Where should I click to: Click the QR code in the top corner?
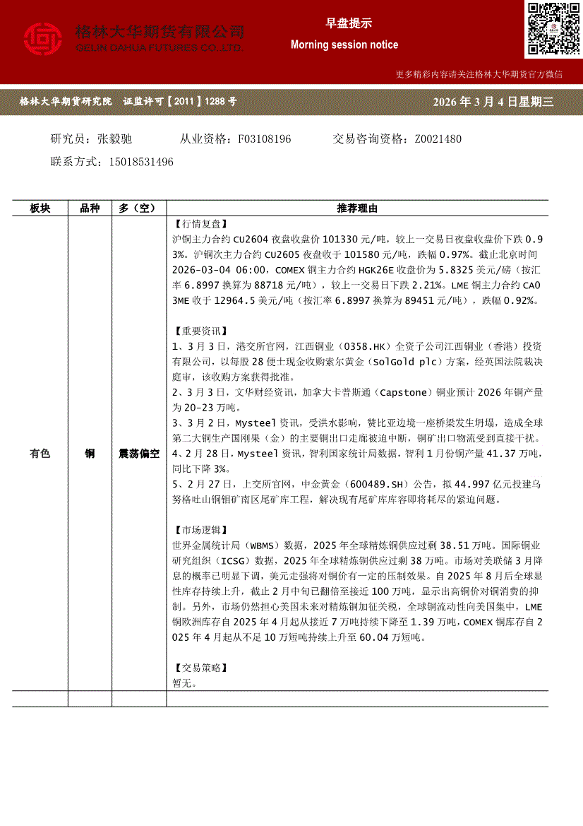click(x=553, y=29)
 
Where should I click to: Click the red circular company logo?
click(x=44, y=40)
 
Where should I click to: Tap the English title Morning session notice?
click(x=344, y=45)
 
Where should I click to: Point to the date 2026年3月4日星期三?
click(x=493, y=102)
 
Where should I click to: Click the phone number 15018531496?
click(x=141, y=162)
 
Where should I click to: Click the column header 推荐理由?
click(x=357, y=208)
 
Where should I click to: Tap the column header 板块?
click(x=40, y=208)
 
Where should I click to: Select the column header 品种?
click(x=90, y=208)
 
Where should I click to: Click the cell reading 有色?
click(x=40, y=454)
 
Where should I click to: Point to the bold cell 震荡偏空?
click(x=139, y=454)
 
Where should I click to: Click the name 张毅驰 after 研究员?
click(x=115, y=139)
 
